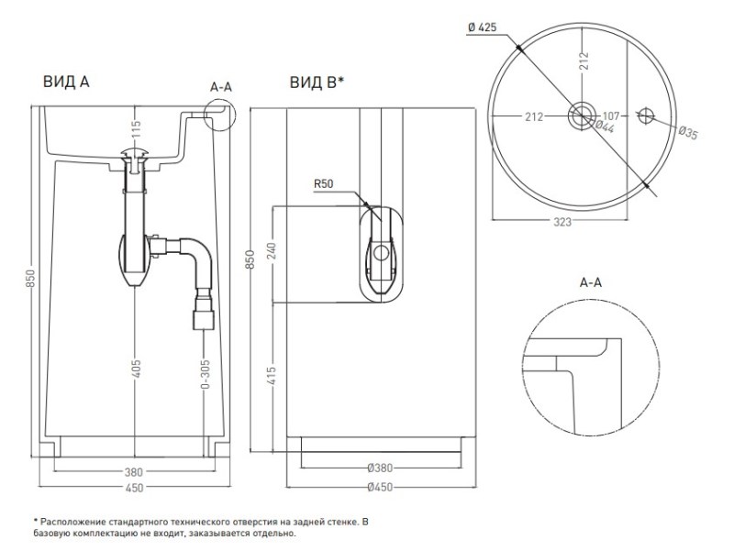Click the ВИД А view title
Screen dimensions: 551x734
[x=65, y=83]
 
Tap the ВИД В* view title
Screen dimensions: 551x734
[x=317, y=83]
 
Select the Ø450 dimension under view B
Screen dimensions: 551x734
[x=379, y=488]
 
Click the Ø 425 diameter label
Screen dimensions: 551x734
[x=482, y=28]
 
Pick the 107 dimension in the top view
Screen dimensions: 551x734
[x=614, y=116]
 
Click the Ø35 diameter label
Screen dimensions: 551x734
[x=687, y=134]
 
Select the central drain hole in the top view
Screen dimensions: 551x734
[x=580, y=115]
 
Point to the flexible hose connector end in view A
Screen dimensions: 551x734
[x=202, y=320]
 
